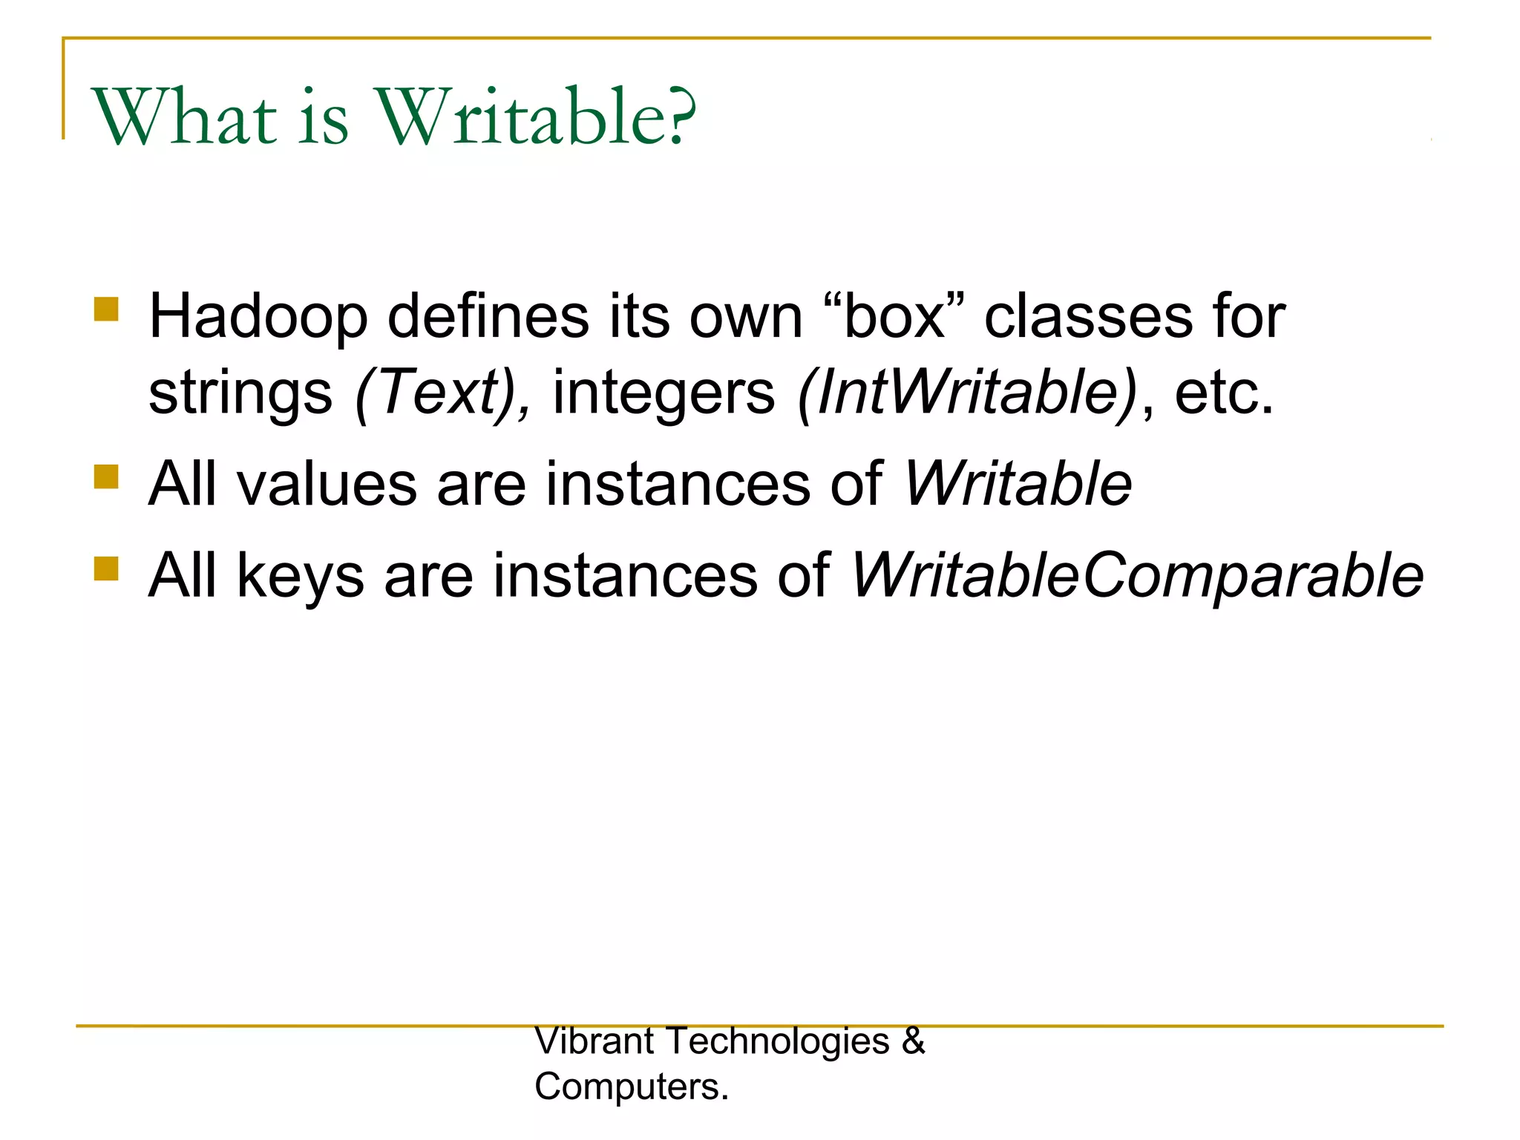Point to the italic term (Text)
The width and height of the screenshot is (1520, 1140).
coord(442,393)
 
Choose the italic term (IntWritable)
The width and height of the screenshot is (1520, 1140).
coord(967,393)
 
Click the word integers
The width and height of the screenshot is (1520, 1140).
coord(664,393)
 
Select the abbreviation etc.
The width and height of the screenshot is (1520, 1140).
coord(1223,393)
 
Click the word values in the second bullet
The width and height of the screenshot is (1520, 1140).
coord(327,484)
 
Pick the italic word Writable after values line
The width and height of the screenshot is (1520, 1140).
coord(1018,484)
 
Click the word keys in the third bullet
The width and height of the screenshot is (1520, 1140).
coord(301,576)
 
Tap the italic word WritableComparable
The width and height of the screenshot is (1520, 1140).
coord(1136,576)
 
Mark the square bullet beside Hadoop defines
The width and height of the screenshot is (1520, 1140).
coord(107,309)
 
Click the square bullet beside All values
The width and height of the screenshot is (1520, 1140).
coord(107,476)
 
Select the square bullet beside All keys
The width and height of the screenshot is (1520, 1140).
coord(107,569)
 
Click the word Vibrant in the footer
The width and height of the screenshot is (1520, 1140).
coord(594,1041)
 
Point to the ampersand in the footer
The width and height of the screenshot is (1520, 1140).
coord(913,1041)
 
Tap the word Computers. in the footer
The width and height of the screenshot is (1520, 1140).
coord(632,1087)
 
